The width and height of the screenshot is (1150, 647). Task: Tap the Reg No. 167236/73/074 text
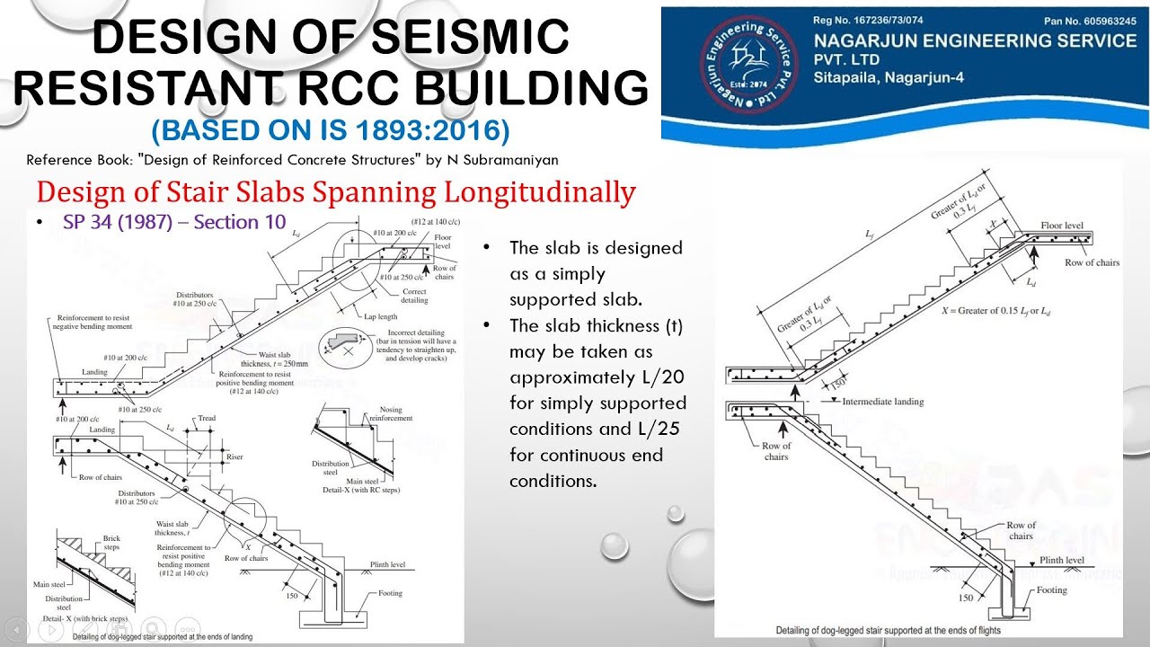pyautogui.click(x=867, y=20)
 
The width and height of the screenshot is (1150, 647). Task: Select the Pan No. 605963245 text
pyautogui.click(x=1089, y=20)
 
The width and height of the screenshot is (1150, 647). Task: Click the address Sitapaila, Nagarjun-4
pyautogui.click(x=889, y=78)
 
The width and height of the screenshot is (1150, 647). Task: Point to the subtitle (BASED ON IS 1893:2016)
pyautogui.click(x=331, y=130)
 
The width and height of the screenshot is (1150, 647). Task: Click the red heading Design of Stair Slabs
pyautogui.click(x=336, y=191)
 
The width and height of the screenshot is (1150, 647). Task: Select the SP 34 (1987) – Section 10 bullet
pyautogui.click(x=174, y=222)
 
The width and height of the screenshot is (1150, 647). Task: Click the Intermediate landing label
pyautogui.click(x=882, y=402)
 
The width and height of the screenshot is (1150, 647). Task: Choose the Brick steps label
pyautogui.click(x=111, y=543)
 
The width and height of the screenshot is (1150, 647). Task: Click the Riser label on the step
pyautogui.click(x=234, y=457)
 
